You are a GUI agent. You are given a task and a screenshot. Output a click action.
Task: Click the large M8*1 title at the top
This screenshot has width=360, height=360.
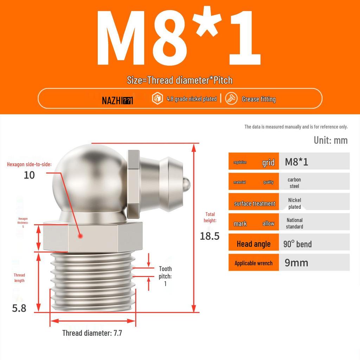[x=179, y=39]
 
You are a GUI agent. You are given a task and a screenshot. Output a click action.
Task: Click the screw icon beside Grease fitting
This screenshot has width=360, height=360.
[x=232, y=99]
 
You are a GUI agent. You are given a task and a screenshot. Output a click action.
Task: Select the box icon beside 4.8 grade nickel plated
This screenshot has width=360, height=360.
[x=157, y=99]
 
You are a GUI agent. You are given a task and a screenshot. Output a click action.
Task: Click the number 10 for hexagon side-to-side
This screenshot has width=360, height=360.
[x=29, y=175]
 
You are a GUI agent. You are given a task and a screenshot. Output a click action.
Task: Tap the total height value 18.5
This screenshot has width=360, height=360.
[x=210, y=236]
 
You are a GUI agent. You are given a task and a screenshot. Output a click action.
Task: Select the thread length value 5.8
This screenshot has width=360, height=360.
[x=19, y=308]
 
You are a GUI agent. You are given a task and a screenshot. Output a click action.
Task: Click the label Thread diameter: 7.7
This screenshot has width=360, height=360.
[x=92, y=333]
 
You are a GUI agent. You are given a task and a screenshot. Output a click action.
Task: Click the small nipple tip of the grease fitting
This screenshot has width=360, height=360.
[x=187, y=183]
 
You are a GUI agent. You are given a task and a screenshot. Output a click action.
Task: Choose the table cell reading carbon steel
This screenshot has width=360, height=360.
[x=294, y=183]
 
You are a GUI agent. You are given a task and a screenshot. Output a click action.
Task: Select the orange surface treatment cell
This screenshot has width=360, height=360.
[x=254, y=204]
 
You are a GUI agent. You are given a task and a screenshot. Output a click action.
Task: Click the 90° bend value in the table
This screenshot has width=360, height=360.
[x=297, y=244]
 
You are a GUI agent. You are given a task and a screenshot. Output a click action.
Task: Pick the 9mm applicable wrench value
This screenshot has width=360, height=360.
[x=296, y=263]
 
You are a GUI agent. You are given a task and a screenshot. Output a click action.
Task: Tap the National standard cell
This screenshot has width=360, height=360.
[x=294, y=223]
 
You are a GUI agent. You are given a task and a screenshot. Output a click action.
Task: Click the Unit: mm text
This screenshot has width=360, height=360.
[x=330, y=140]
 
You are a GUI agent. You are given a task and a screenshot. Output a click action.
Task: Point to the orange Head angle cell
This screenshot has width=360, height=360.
[x=253, y=244]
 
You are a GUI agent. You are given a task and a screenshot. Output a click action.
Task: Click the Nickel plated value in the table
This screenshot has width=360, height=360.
[x=294, y=203]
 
